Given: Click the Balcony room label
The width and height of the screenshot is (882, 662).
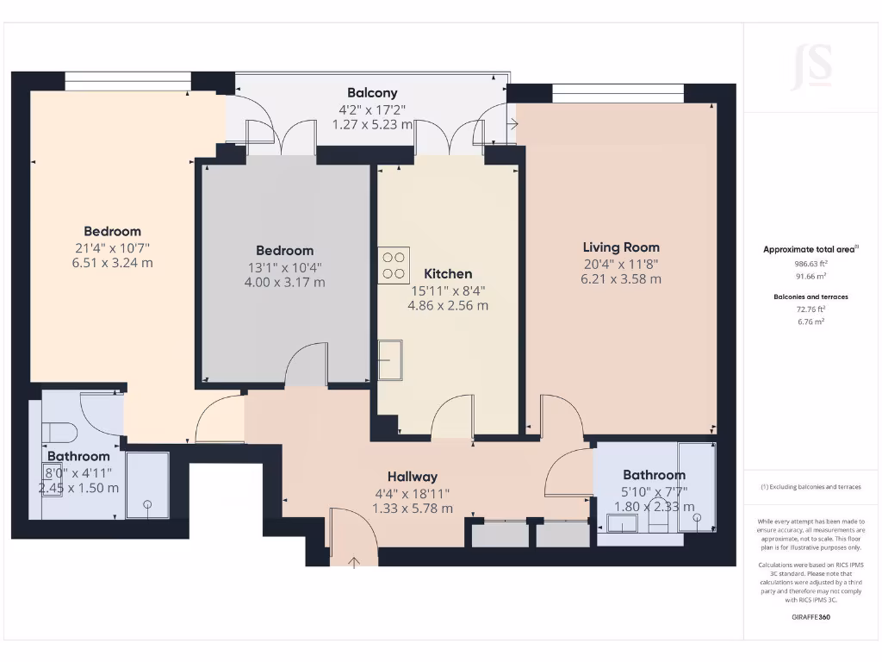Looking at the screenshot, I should point(372,92).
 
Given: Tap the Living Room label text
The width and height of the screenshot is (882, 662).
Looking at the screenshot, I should point(620,247).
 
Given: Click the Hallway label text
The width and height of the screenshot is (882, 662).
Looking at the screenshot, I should point(412,477).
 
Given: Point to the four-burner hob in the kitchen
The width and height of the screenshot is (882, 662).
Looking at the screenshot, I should point(394,265).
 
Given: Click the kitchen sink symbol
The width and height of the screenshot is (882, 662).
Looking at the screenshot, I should point(390,359).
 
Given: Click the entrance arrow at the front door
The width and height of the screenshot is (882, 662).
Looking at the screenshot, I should point(354,563).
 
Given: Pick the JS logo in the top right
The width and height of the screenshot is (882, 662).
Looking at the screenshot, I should point(811,66).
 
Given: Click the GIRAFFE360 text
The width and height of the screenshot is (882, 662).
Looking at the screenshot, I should point(811,617).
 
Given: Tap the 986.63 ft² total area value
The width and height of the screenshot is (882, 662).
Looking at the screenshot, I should point(811,264).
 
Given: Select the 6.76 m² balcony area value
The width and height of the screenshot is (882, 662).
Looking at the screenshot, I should point(811,321).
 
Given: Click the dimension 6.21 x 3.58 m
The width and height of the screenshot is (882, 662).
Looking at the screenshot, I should point(620,278).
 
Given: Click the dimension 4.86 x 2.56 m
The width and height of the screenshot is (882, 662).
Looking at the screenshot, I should point(447,305).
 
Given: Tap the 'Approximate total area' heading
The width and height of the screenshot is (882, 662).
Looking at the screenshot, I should point(810,249).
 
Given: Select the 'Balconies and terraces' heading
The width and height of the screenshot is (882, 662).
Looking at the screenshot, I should point(811,297).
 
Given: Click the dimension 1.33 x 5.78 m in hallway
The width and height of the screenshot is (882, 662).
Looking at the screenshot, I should point(412,509).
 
